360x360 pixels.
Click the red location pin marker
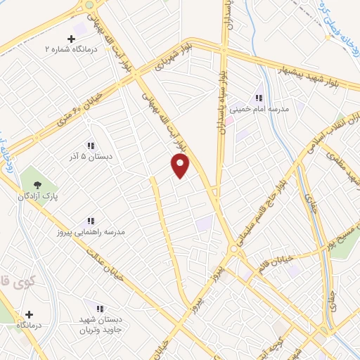point(181,165)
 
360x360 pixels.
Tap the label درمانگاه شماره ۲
point(69,49)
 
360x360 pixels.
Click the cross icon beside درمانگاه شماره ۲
point(70,39)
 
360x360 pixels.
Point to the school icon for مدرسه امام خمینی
point(258,98)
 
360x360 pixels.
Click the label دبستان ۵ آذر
point(91,155)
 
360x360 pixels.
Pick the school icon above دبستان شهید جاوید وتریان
point(99,309)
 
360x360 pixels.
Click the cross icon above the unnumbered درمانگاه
point(29,314)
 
